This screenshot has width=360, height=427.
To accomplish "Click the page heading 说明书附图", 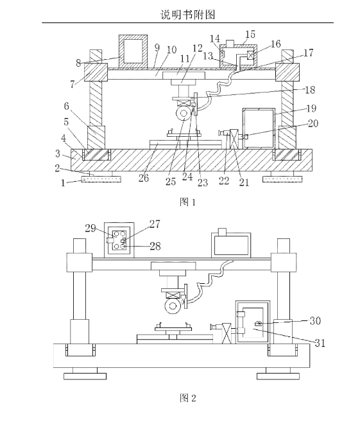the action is (188, 14).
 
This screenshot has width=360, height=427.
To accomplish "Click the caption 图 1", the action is (187, 202).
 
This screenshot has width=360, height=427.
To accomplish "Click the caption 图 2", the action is (188, 398).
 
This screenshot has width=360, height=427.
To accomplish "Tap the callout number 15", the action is (250, 34).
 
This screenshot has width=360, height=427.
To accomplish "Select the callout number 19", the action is (311, 109).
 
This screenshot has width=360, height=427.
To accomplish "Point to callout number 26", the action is (144, 178).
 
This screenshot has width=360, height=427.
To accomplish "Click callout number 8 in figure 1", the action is (78, 63).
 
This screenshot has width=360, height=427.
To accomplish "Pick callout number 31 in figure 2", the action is (320, 343).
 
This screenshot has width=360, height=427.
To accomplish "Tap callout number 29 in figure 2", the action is (90, 228).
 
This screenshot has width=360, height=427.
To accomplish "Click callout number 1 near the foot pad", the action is (63, 183).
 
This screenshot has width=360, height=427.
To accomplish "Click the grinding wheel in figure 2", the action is (173, 306).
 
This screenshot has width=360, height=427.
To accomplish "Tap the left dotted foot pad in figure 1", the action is (101, 179).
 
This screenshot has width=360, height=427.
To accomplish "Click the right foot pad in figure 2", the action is (278, 376).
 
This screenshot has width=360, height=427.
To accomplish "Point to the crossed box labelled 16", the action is (250, 56).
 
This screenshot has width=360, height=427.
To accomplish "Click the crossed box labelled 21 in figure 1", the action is (234, 139).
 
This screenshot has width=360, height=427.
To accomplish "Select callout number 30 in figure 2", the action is (315, 321).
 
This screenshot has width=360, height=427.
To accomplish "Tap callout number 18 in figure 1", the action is (310, 90).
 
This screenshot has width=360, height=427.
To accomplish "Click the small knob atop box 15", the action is (230, 43).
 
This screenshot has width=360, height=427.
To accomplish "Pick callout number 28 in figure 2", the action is (155, 246).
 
